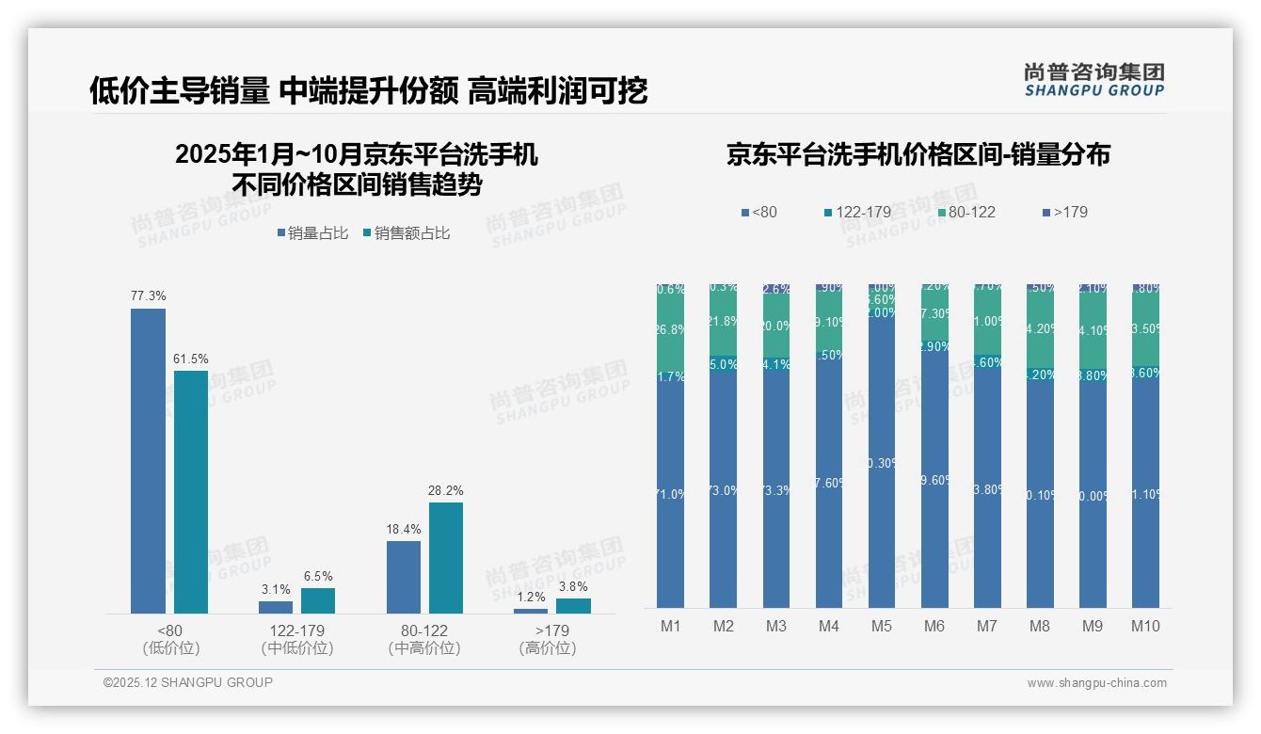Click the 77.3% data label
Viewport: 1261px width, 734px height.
tap(148, 296)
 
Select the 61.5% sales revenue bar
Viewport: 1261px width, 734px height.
tap(191, 491)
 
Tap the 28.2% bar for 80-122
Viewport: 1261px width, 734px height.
tap(446, 557)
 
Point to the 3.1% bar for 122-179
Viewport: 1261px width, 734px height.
tap(276, 607)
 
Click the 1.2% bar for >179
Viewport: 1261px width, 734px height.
tap(531, 611)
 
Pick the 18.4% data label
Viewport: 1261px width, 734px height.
tap(404, 530)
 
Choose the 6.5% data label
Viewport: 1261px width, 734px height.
tap(318, 577)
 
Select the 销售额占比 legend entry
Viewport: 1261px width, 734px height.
tap(406, 233)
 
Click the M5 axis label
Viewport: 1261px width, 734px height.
tap(881, 627)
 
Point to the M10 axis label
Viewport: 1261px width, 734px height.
tap(1145, 627)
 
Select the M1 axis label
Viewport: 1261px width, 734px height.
tap(670, 627)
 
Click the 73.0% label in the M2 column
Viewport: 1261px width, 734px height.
tap(723, 490)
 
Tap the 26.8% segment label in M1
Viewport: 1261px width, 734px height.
tap(670, 330)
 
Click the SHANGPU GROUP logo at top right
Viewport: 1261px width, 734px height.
tap(1093, 79)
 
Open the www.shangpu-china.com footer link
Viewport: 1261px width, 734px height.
tap(1096, 683)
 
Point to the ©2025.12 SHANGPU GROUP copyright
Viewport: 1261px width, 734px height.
tap(188, 683)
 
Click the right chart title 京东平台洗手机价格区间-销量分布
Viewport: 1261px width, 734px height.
tap(918, 155)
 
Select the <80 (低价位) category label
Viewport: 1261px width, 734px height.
tap(171, 639)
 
